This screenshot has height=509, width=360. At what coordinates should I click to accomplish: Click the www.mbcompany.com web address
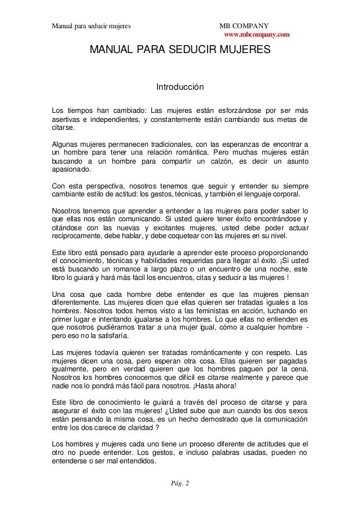257,35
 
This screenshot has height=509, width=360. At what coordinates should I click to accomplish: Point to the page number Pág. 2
180,483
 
